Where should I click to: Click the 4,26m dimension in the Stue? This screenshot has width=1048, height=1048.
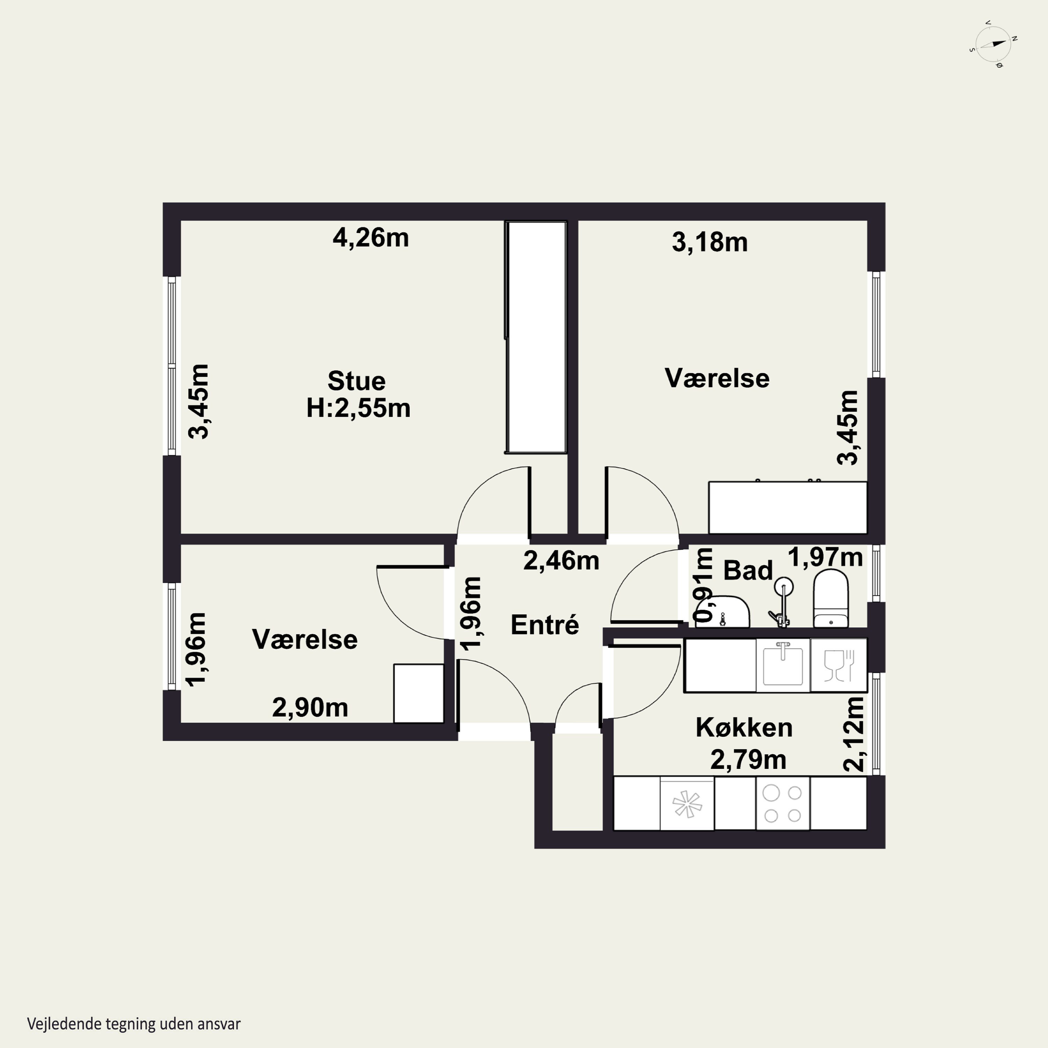[x=371, y=238]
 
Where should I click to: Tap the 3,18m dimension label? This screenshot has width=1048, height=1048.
[x=709, y=242]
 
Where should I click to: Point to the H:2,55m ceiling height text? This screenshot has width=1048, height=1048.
[x=358, y=408]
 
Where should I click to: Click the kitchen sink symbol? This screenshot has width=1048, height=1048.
[x=783, y=665]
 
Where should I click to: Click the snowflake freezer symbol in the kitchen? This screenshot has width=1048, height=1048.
[x=687, y=804]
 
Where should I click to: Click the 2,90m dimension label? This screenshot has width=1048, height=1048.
[x=310, y=707]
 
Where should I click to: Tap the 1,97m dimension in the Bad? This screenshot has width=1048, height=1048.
[x=824, y=557]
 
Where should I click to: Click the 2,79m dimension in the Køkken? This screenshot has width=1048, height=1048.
[x=748, y=759]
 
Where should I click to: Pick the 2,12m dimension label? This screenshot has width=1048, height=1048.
[x=853, y=734]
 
